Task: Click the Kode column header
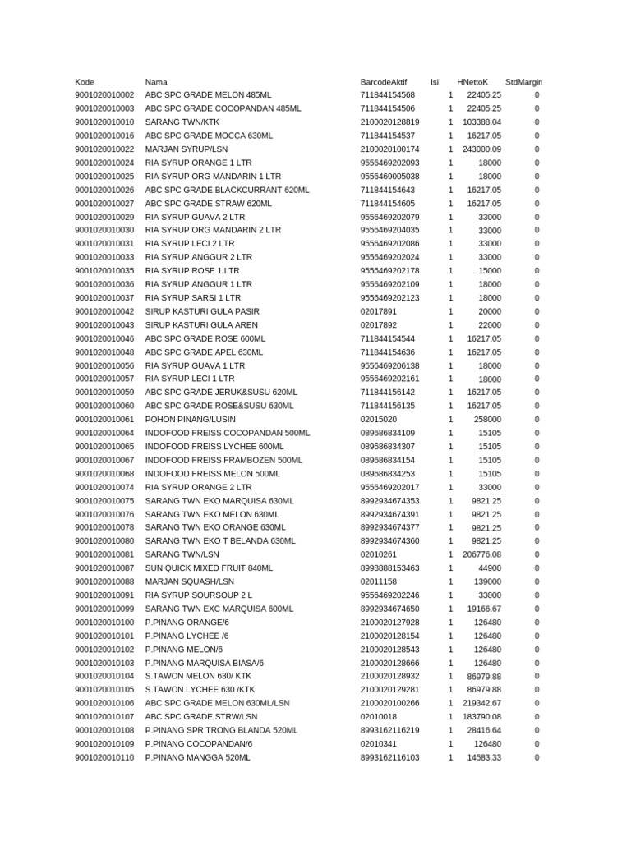click(x=85, y=82)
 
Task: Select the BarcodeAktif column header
click(x=383, y=82)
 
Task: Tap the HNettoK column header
click(x=472, y=82)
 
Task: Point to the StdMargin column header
click(x=523, y=82)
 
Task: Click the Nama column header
click(x=156, y=82)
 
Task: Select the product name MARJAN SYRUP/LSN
click(x=187, y=149)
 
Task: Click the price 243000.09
click(x=481, y=149)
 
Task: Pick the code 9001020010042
click(x=104, y=312)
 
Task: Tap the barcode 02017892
click(x=378, y=325)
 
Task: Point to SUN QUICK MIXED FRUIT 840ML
click(x=209, y=568)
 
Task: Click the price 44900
click(x=490, y=568)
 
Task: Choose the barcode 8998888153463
click(x=389, y=568)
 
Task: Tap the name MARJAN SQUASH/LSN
click(x=189, y=581)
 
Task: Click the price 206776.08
click(x=481, y=555)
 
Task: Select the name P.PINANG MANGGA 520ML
click(x=197, y=757)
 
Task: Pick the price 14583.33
click(x=484, y=757)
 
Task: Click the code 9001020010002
click(x=104, y=95)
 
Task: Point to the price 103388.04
click(x=481, y=122)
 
